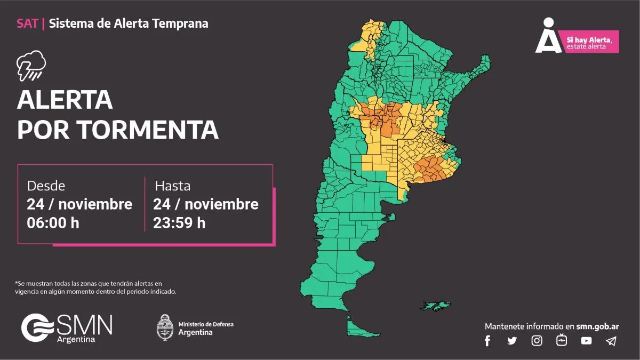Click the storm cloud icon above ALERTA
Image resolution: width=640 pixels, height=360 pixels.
(x=30, y=65)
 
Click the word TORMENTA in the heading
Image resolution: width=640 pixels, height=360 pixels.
(x=147, y=130)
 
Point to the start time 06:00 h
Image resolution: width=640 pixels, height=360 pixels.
(x=53, y=223)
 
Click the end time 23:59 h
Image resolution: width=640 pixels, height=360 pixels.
(x=179, y=223)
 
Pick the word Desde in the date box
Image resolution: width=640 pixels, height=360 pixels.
(x=46, y=186)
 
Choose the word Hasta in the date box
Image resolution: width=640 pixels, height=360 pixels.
(x=172, y=186)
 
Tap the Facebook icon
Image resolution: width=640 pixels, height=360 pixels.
(x=487, y=341)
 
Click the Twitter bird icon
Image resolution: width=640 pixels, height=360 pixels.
(x=512, y=341)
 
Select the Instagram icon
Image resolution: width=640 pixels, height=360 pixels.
(x=537, y=341)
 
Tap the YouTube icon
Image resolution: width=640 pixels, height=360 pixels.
(x=586, y=341)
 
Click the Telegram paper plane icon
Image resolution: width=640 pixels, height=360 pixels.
(x=611, y=341)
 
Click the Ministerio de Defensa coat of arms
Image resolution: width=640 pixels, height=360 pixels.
(x=165, y=327)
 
